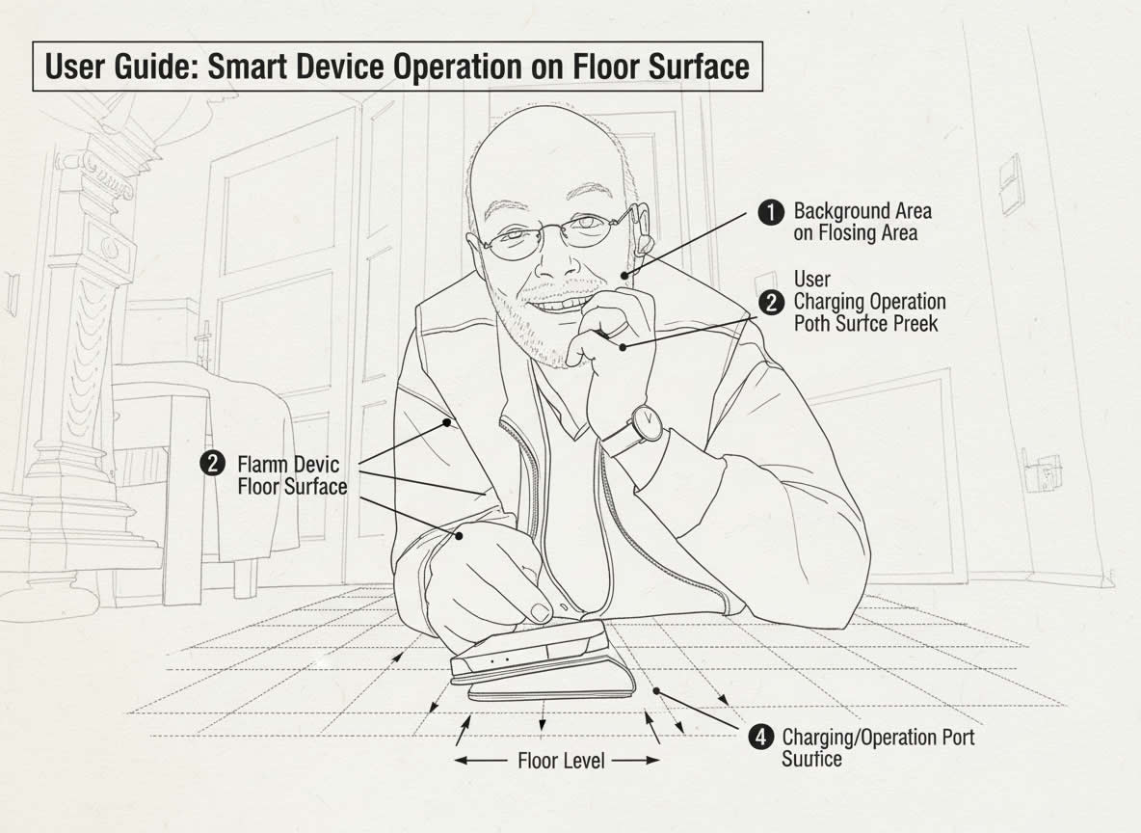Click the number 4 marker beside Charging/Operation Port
[760, 738]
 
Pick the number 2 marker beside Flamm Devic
[212, 463]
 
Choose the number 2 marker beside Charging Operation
[771, 303]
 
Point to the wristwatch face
[647, 421]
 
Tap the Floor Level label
[561, 761]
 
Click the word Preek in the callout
[916, 323]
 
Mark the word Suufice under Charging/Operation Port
[812, 759]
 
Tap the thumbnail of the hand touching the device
[540, 611]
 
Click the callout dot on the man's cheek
[624, 275]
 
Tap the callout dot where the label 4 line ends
[655, 689]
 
